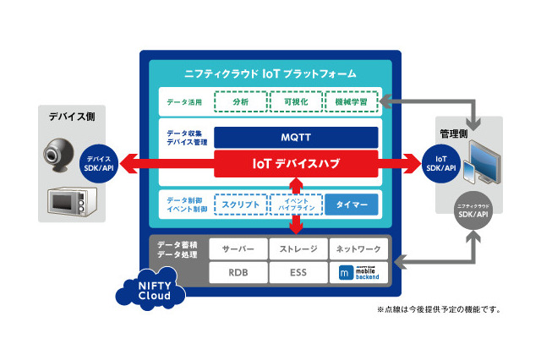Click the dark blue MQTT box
pyautogui.click(x=296, y=136)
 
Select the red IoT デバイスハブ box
pyautogui.click(x=296, y=163)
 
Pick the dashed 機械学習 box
pyautogui.click(x=350, y=102)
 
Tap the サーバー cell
pyautogui.click(x=238, y=249)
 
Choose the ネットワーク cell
pyautogui.click(x=357, y=249)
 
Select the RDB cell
pyautogui.click(x=238, y=273)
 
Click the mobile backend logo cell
pyautogui.click(x=357, y=273)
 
